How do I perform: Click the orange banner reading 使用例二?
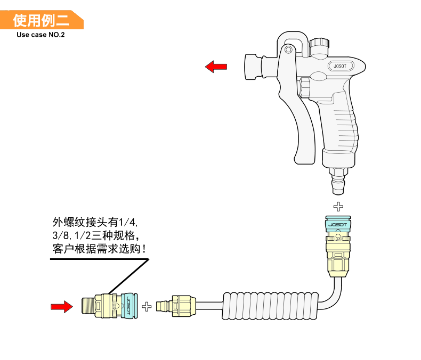42,21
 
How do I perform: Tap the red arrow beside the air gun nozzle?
216,67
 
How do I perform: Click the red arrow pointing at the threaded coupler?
61,306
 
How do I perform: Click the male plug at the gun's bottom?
338,181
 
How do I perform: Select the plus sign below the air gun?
338,206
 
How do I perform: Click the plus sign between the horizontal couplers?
147,306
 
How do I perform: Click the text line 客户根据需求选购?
99,248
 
